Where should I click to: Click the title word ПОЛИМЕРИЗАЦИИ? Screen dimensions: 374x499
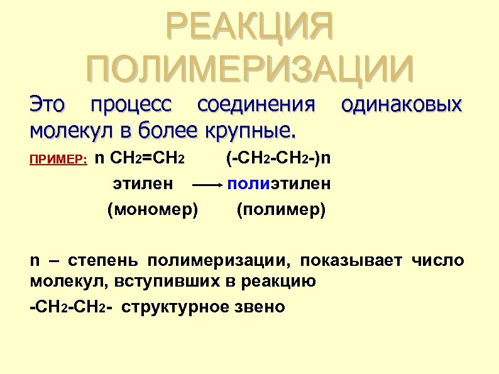click(250, 69)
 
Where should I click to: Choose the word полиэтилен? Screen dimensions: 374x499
click(280, 184)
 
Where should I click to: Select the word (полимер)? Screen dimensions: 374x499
click(281, 209)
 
